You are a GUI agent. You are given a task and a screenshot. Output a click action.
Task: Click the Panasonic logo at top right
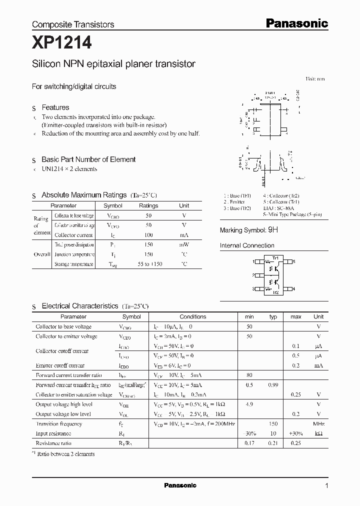tap(296, 23)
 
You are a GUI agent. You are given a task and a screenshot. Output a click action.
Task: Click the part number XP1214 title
tap(62, 43)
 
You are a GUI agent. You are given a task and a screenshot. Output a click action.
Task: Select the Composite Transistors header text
tap(73, 24)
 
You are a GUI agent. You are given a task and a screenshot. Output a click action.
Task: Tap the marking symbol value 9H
tap(273, 230)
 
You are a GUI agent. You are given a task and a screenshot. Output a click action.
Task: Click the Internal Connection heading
tap(247, 245)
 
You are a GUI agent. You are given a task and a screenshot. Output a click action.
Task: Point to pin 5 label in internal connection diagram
tap(294, 261)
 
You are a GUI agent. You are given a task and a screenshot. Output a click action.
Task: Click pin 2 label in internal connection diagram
tap(254, 275)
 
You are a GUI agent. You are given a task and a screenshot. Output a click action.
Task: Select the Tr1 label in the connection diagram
tap(274, 258)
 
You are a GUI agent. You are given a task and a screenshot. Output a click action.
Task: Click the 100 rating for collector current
tap(148, 234)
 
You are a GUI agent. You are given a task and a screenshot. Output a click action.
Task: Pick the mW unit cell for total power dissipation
tap(184, 244)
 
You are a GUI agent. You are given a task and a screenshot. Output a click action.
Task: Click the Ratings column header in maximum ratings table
tap(148, 205)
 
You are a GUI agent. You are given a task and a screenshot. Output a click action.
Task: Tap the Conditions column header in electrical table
tap(192, 316)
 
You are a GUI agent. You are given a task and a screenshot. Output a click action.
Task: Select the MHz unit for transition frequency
tap(318, 423)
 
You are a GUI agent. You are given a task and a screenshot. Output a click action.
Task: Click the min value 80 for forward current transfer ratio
tap(249, 375)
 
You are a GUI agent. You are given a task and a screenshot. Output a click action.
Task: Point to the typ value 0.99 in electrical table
tap(273, 385)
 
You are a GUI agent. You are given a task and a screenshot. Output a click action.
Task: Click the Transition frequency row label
tap(59, 423)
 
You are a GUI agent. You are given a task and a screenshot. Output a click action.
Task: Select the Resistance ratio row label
tap(53, 443)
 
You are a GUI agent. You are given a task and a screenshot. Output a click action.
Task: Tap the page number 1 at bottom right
tap(326, 485)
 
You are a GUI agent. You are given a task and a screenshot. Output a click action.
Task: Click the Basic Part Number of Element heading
tap(88, 159)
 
